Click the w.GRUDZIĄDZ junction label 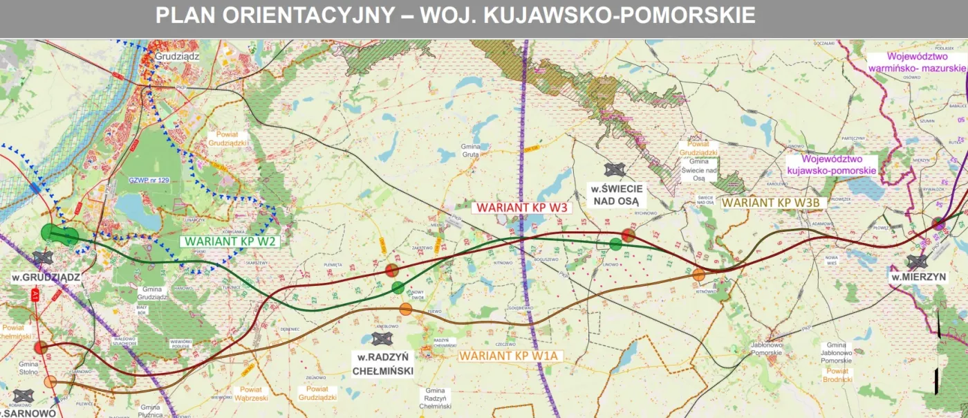point(46,277)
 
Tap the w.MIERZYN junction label point(918,278)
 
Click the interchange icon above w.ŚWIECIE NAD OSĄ point(615,170)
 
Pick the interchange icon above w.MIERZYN point(918,261)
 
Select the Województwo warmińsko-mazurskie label point(916,63)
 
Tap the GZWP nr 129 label point(149,180)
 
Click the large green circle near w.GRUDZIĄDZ point(50,232)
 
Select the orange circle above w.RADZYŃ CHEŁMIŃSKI point(406,309)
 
